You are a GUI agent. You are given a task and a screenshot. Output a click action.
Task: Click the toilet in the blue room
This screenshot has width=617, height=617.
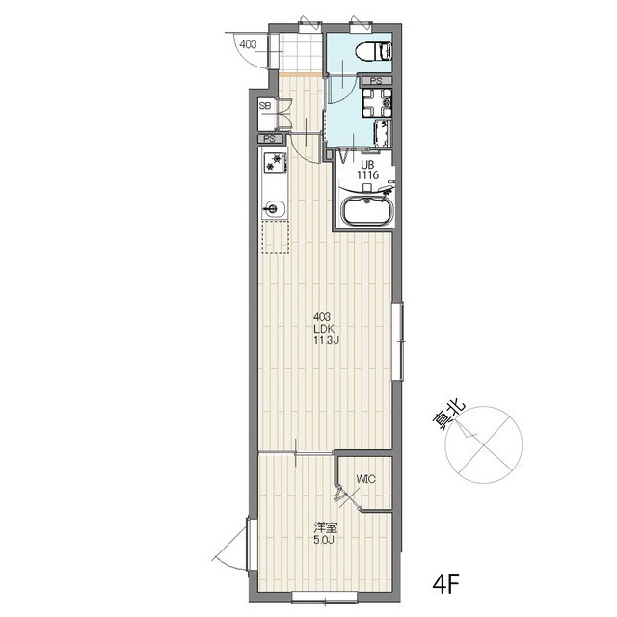click(x=373, y=51)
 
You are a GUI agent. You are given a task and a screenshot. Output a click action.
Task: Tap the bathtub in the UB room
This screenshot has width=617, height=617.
click(x=366, y=211)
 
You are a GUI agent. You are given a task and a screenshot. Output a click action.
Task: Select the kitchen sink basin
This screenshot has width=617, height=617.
click(x=274, y=207)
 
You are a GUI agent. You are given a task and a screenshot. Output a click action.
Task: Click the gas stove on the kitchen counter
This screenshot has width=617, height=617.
click(x=275, y=162)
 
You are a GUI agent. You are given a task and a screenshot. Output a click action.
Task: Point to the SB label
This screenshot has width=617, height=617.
click(x=265, y=106)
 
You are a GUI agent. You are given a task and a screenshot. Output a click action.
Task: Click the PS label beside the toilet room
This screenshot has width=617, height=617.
click(x=377, y=81)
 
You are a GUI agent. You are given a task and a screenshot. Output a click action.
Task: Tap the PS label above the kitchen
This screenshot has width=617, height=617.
click(x=270, y=139)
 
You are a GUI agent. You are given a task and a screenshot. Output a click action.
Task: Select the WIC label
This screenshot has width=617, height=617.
click(x=365, y=479)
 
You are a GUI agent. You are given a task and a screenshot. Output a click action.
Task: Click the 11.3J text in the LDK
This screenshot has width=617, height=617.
click(x=326, y=340)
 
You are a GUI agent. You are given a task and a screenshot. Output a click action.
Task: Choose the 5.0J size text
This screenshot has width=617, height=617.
click(x=324, y=540)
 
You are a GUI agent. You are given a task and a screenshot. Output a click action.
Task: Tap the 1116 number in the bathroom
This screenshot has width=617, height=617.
click(x=367, y=175)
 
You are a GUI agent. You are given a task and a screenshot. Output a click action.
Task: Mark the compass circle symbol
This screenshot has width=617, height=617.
click(x=484, y=444)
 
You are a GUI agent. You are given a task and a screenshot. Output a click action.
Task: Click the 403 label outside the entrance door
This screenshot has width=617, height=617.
click(x=248, y=44)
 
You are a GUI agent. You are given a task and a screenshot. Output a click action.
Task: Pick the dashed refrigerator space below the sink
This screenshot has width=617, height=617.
click(x=276, y=236)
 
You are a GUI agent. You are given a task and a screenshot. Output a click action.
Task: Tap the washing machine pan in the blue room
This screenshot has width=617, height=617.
click(x=377, y=103)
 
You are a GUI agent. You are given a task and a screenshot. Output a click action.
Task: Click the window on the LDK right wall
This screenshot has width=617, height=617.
click(x=398, y=341)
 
